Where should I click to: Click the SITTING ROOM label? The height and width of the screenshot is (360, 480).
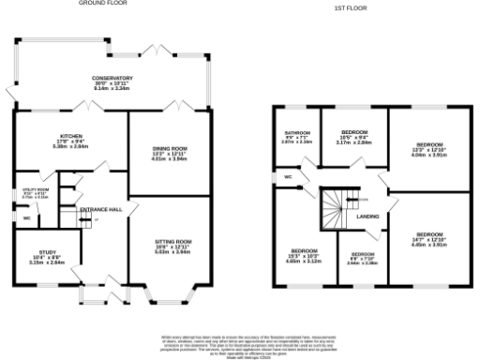pyautogui.click(x=172, y=247)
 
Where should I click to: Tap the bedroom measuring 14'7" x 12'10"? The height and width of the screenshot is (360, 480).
pyautogui.click(x=429, y=237)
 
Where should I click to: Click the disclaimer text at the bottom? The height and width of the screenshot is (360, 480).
pyautogui.click(x=239, y=343)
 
